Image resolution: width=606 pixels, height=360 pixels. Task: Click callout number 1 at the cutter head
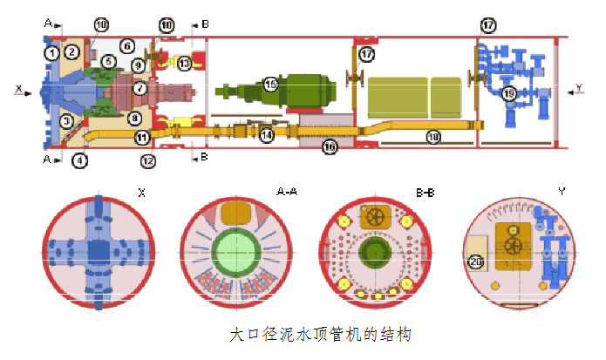52,53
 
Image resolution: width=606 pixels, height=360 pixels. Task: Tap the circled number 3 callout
65,121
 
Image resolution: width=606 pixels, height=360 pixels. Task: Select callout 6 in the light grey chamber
126,45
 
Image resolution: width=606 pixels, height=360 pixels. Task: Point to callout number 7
140,88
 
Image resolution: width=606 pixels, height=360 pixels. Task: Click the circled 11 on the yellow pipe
142,137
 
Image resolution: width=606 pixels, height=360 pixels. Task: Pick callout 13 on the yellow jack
184,63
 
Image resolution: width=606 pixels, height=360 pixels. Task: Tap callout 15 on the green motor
271,85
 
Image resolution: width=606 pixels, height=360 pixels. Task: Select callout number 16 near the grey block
329,148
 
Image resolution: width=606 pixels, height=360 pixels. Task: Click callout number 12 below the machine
148,160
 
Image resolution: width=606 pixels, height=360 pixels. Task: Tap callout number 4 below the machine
80,160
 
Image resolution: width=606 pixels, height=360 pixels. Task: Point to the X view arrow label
17,88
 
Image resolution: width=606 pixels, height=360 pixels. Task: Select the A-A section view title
287,189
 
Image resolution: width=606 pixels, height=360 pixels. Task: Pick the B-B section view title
426,189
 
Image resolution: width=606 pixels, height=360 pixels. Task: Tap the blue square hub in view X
98,251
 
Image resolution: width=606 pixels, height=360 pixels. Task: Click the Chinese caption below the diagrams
318,333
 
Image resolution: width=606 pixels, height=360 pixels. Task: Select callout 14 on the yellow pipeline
266,134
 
